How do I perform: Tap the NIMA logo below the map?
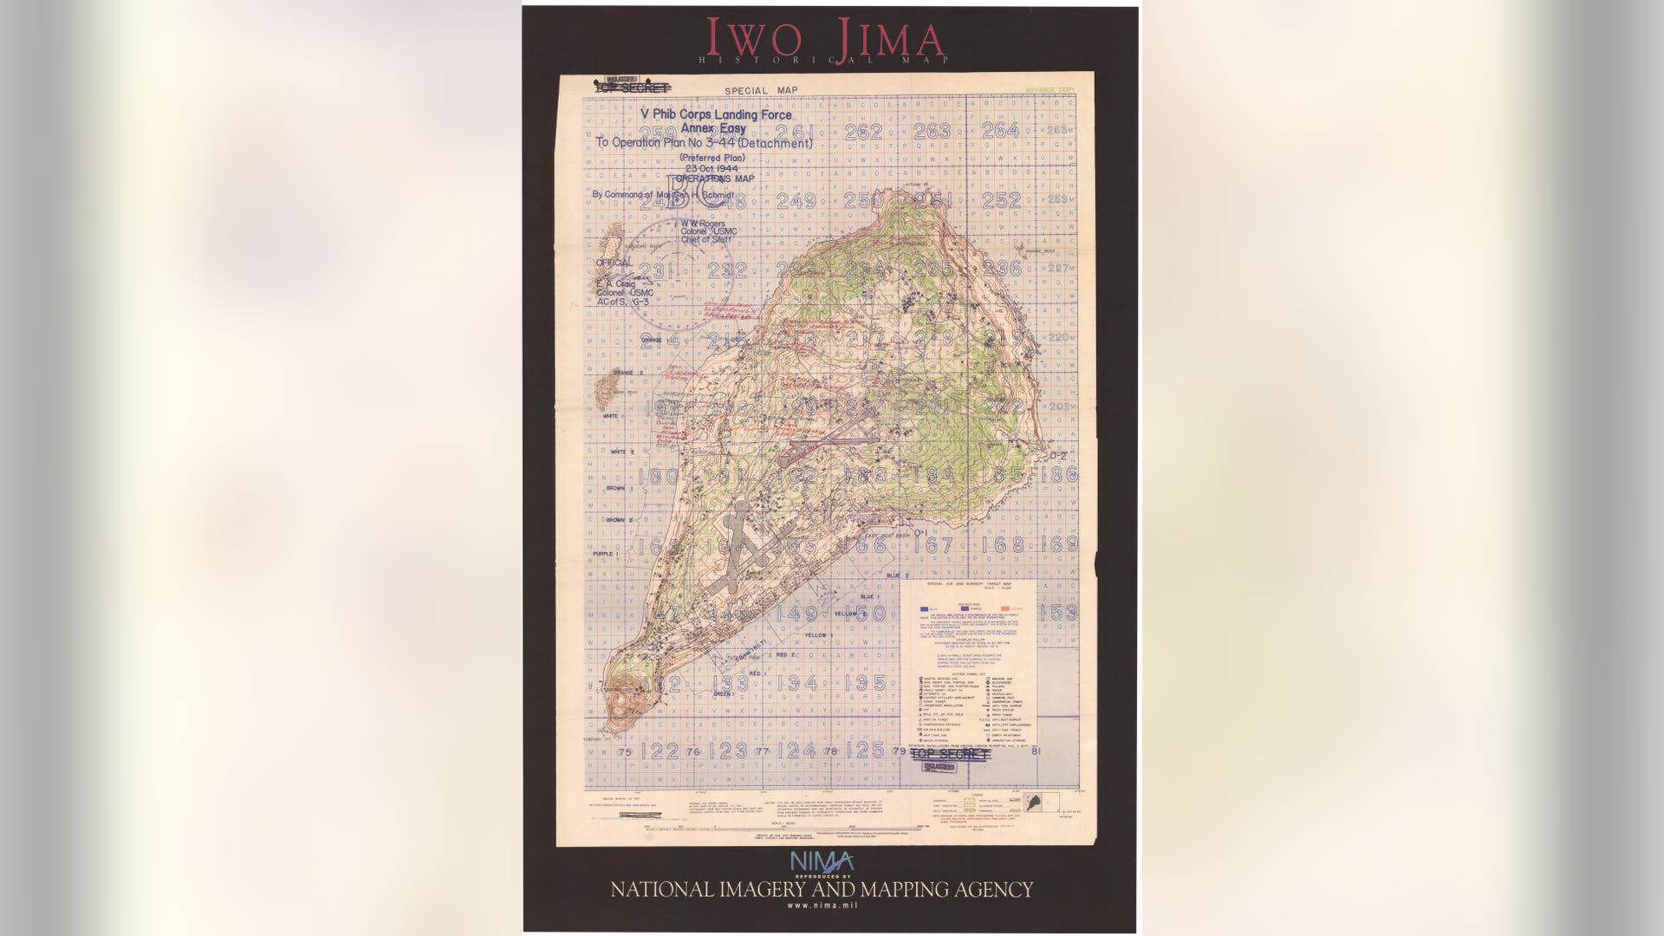pyautogui.click(x=821, y=862)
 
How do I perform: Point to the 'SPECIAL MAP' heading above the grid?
pyautogui.click(x=761, y=90)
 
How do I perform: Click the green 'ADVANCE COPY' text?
pyautogui.click(x=1050, y=90)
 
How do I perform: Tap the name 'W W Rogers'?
pyautogui.click(x=703, y=224)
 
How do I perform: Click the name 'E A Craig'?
pyautogui.click(x=615, y=283)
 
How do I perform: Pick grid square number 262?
pyautogui.click(x=863, y=132)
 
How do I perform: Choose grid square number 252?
pyautogui.click(x=1001, y=200)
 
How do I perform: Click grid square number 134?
pyautogui.click(x=796, y=683)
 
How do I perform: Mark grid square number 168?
pyautogui.click(x=1007, y=545)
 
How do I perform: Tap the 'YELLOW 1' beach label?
pyautogui.click(x=817, y=635)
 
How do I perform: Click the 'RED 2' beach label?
pyautogui.click(x=786, y=655)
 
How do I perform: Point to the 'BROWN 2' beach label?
pyautogui.click(x=619, y=520)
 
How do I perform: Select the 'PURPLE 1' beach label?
pyautogui.click(x=604, y=553)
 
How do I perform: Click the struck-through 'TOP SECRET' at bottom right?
pyautogui.click(x=949, y=754)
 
